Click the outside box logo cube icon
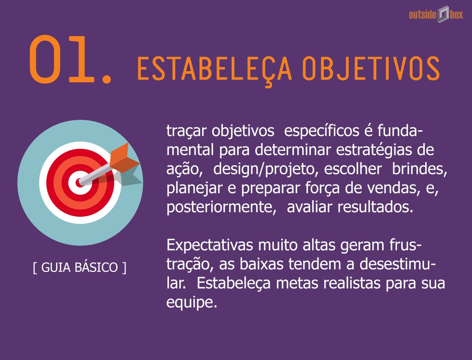443,15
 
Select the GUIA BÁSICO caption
80,268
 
